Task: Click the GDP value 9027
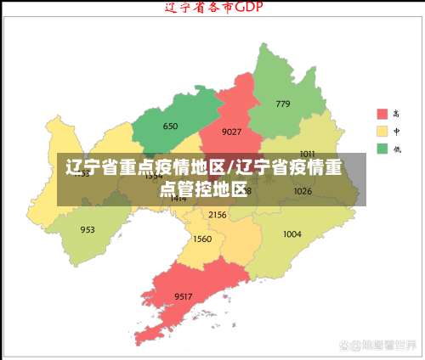point(231,132)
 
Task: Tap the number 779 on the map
point(282,104)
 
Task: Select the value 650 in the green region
point(170,127)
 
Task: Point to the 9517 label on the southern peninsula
point(183,295)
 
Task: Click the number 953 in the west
point(88,229)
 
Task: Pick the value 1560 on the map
point(202,239)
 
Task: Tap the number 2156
point(217,215)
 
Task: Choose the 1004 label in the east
point(292,233)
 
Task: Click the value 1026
point(303,191)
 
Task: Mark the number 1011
point(307,154)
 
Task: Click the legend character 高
point(396,114)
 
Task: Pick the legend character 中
point(396,132)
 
